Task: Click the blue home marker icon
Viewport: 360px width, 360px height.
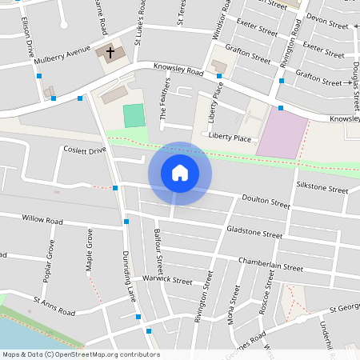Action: tap(179, 173)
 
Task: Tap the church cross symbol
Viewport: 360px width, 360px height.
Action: tap(110, 53)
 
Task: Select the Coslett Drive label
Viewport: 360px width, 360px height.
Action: tap(85, 150)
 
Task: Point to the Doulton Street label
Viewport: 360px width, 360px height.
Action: tap(266, 202)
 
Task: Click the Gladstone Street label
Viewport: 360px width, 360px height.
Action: tap(255, 233)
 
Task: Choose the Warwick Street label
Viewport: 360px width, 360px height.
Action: tap(167, 280)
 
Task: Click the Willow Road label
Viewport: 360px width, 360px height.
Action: tap(42, 218)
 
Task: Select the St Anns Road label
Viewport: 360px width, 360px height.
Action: tap(54, 306)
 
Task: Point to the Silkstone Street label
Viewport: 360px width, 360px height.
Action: tap(322, 189)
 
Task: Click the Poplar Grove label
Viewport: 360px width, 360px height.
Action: tap(50, 256)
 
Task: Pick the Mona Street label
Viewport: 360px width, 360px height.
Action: tap(234, 301)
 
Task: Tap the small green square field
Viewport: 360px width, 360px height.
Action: tap(134, 115)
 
